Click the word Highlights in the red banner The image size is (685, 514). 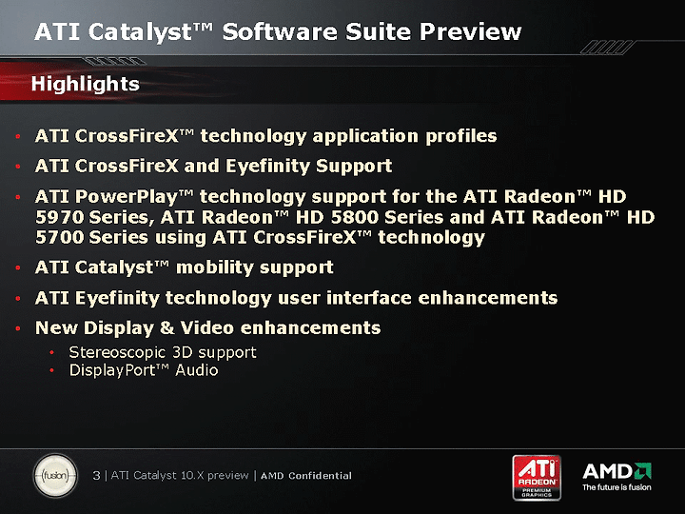click(86, 84)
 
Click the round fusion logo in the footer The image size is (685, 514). click(55, 476)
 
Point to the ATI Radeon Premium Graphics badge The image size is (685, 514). click(537, 477)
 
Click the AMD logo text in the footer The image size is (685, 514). click(607, 471)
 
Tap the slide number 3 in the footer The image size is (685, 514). click(96, 476)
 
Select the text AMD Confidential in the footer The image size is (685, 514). click(306, 476)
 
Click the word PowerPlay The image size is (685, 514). click(126, 197)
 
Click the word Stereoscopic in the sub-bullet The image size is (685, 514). click(117, 353)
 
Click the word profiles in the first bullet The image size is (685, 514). click(460, 137)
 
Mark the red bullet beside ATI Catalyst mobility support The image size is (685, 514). click(18, 267)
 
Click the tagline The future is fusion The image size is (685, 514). click(616, 487)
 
